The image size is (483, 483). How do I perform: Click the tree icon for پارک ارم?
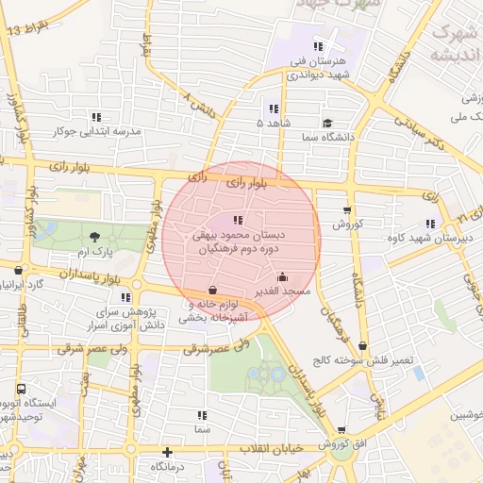click(93, 237)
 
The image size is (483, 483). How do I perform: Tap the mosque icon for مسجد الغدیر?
click(283, 277)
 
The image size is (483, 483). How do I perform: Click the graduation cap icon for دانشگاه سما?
click(327, 123)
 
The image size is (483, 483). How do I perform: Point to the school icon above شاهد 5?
click(274, 108)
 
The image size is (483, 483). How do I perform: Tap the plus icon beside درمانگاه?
click(167, 452)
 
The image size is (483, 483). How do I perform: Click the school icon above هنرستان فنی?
click(318, 45)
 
